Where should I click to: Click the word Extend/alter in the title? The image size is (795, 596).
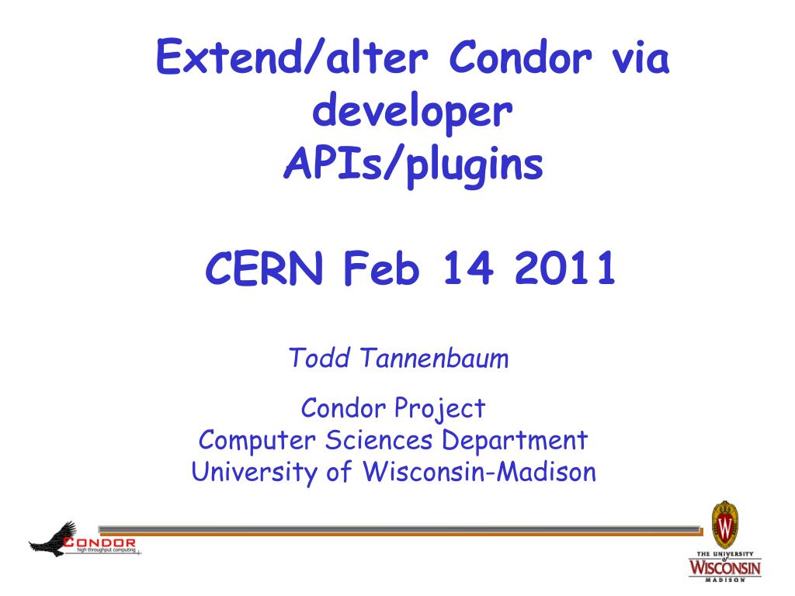292,57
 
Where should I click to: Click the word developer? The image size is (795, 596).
412,113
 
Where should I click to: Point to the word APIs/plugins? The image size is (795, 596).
413,166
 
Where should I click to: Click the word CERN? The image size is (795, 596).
264,268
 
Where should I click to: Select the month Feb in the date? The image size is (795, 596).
382,268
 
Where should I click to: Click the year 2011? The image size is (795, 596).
565,268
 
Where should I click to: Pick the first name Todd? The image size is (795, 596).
319,358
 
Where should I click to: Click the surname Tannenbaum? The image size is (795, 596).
435,358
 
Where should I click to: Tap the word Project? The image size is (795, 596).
439,409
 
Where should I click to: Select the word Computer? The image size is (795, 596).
257,441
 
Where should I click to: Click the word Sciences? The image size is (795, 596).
379,440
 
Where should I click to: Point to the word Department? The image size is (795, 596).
515,441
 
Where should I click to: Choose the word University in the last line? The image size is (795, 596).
254,473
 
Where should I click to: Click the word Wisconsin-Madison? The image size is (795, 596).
479,471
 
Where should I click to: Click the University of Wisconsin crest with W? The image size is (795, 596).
725,525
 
